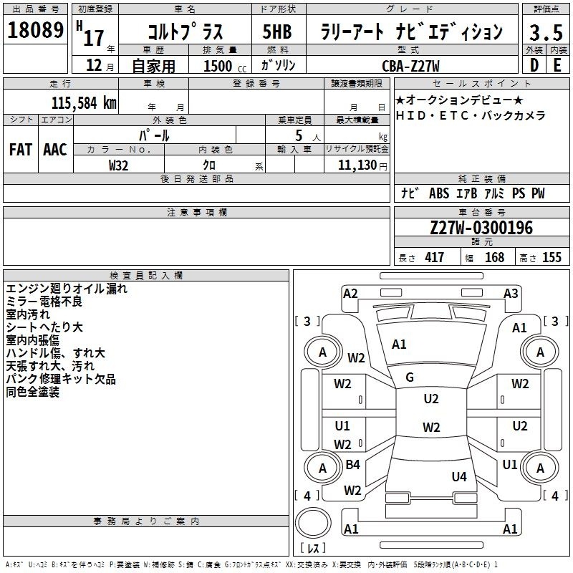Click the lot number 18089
pos(35,30)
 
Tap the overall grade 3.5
pos(546,32)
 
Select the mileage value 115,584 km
pos(84,103)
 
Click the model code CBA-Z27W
pos(410,66)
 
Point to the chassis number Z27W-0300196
pos(481,228)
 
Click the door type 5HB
pos(277,32)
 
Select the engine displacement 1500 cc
pos(225,66)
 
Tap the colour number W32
pos(118,165)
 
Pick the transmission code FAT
pos(21,150)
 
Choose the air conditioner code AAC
pos(55,150)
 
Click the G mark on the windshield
pos(410,377)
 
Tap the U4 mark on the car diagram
pos(459,476)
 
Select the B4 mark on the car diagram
pos(352,464)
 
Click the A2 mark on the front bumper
pos(350,294)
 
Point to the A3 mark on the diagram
pos(511,294)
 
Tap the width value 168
pos(494,257)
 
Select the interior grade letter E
pos(557,65)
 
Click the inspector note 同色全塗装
pos(32,392)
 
